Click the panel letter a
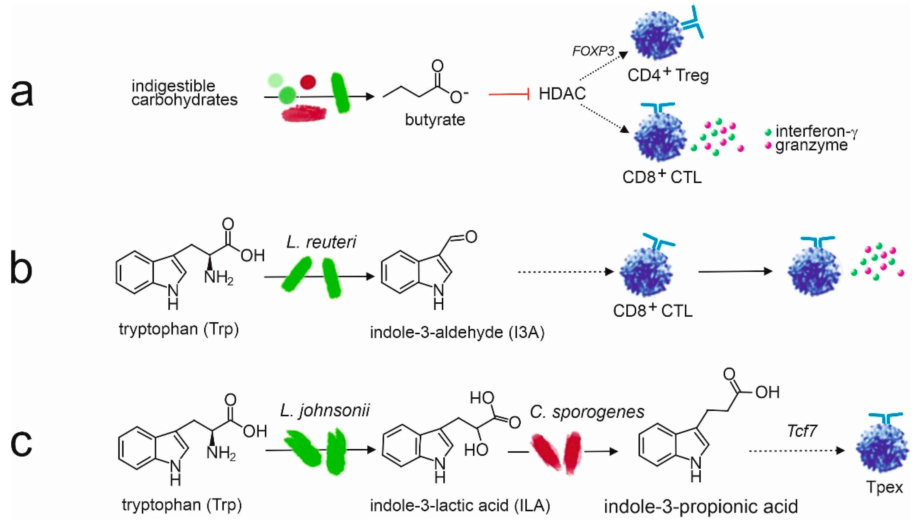click(x=22, y=94)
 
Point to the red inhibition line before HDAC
click(x=509, y=95)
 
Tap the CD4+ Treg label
click(x=668, y=75)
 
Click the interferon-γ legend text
click(x=816, y=131)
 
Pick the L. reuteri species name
click(x=321, y=242)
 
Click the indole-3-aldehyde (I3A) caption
click(x=457, y=333)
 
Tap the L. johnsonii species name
click(x=325, y=410)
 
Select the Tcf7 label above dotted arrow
click(x=802, y=431)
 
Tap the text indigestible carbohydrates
click(x=184, y=93)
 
